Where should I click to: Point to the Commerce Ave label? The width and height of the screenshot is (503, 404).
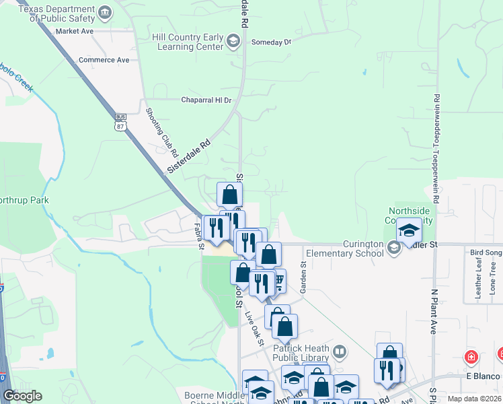point(104,60)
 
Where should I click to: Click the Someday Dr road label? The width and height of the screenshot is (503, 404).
point(271,42)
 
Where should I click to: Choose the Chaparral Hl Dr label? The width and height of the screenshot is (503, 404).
point(206,100)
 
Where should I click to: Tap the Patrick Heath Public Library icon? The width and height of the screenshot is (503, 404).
point(341,352)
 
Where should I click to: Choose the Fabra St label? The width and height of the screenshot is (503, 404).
point(199,236)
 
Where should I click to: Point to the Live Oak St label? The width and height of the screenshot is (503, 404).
point(254,326)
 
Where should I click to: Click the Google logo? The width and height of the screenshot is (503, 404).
point(22,396)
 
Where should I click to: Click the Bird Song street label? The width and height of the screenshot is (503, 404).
point(486,252)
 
